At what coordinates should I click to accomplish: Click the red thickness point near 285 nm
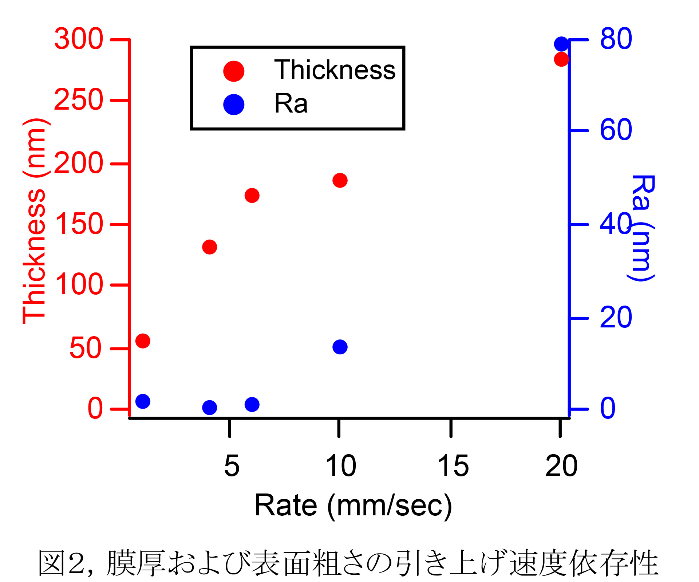(x=561, y=59)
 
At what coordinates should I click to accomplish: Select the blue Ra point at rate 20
(x=561, y=44)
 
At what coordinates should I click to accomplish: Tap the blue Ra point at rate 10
(x=340, y=347)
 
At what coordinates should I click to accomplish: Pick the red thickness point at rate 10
(x=340, y=180)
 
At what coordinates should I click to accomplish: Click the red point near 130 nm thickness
(x=209, y=247)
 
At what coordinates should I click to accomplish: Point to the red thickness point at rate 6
(x=252, y=196)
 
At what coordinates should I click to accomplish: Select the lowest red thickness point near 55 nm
(x=143, y=341)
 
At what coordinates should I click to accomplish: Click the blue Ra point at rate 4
(x=209, y=408)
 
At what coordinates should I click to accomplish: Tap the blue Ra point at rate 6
(x=252, y=404)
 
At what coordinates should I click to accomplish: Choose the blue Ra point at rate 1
(x=143, y=401)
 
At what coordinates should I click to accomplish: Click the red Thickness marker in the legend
(x=234, y=71)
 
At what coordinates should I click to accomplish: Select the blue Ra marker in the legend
(x=234, y=105)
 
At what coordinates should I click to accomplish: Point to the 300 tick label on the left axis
(x=79, y=39)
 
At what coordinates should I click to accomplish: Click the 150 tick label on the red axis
(x=79, y=224)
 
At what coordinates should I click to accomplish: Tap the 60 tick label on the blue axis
(x=616, y=130)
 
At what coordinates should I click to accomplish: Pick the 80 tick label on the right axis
(x=616, y=39)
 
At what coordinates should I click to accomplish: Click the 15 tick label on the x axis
(x=453, y=466)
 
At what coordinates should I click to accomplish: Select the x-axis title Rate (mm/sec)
(x=353, y=506)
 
